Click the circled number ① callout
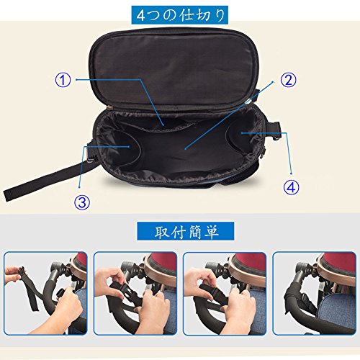(63, 80)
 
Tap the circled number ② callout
(289, 80)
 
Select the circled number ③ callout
(82, 202)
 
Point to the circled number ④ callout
(292, 187)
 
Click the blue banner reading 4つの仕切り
(179, 15)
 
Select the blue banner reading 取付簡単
(186, 231)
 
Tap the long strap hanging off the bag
(49, 179)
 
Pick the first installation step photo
(45, 293)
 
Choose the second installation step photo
(135, 293)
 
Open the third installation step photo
(225, 293)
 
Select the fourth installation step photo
(315, 293)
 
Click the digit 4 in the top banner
(141, 16)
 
